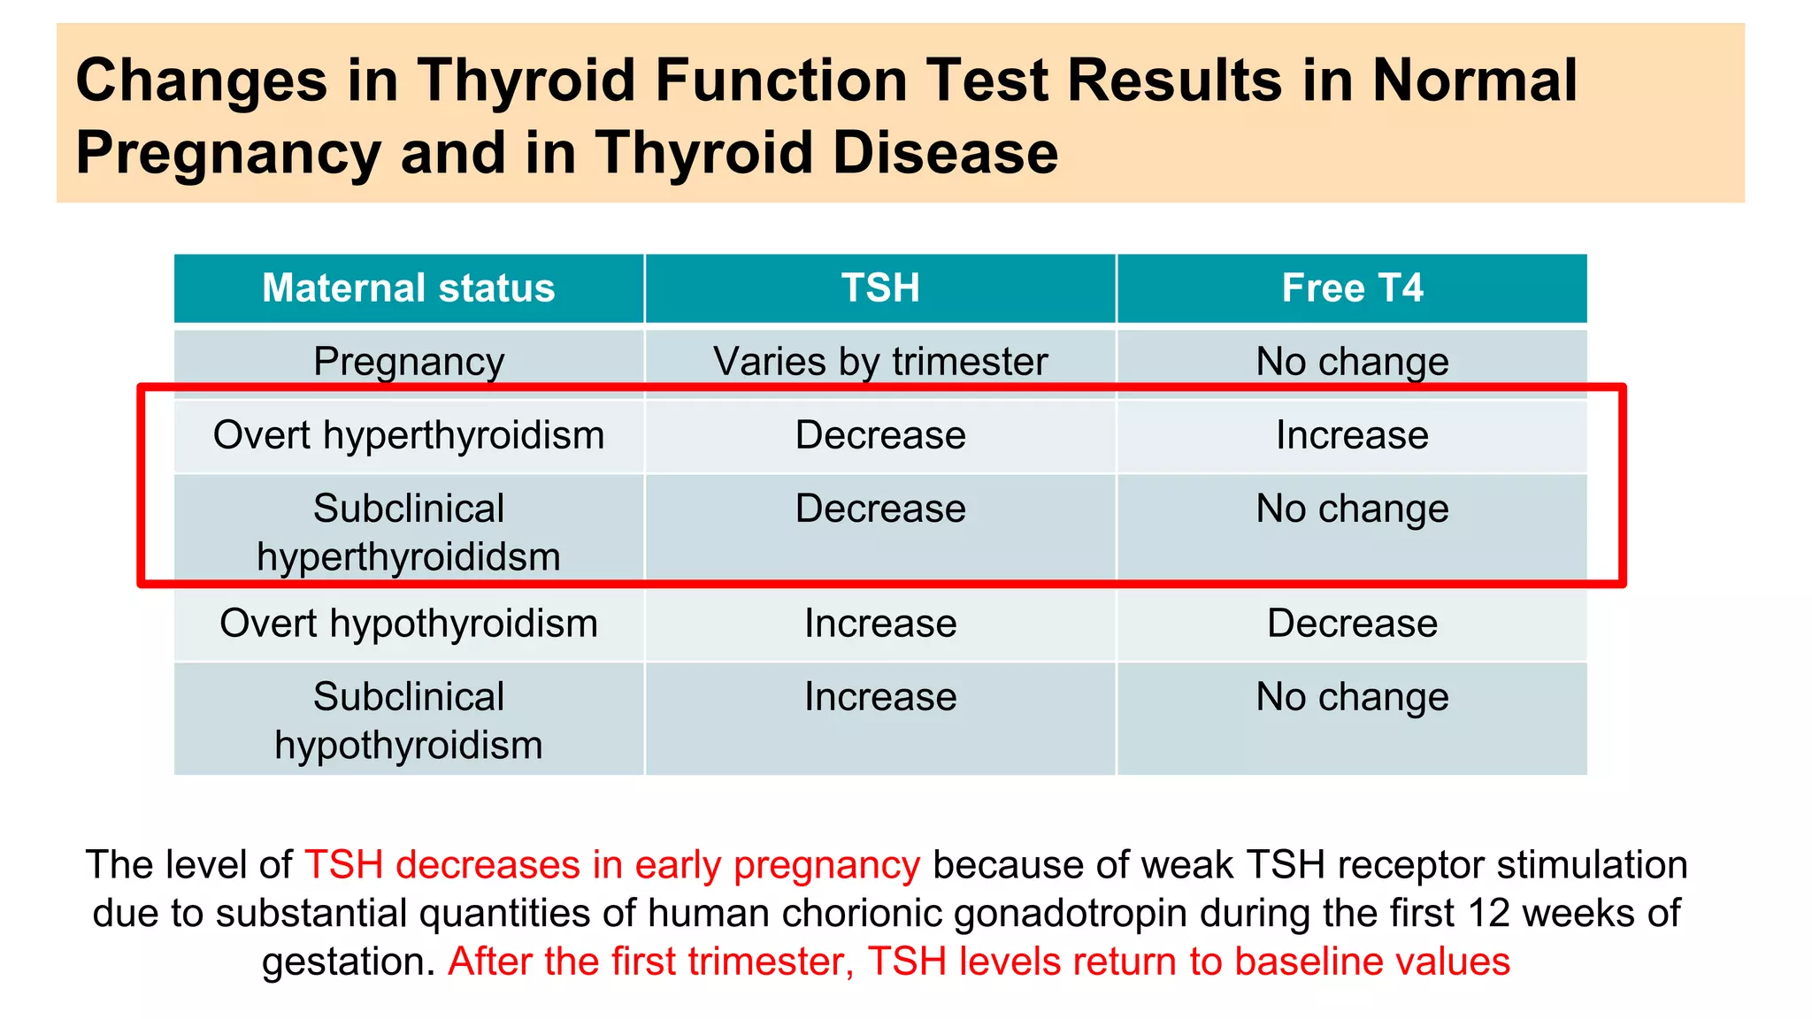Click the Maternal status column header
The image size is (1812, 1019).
[x=408, y=288]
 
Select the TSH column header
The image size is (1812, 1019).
[x=880, y=288]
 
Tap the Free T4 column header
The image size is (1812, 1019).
[x=1352, y=288]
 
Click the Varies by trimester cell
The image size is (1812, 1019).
[x=880, y=362]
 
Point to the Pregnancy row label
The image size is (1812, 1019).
[x=408, y=362]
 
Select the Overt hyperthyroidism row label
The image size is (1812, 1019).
[x=408, y=435]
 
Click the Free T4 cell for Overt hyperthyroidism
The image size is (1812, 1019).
[x=1352, y=435]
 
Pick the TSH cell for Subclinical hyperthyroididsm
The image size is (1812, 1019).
[x=880, y=509]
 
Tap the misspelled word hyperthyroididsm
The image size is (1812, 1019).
[x=408, y=557]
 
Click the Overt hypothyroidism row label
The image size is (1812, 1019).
[x=408, y=624]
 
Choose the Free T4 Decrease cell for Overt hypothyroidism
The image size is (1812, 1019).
[x=1352, y=624]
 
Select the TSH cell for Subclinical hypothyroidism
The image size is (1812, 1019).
[x=880, y=697]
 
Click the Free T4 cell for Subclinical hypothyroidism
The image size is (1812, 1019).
[x=1352, y=697]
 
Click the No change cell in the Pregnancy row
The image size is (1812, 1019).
[x=1352, y=362]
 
